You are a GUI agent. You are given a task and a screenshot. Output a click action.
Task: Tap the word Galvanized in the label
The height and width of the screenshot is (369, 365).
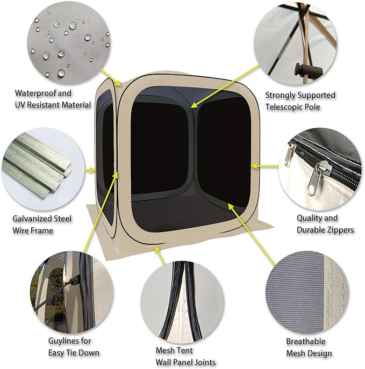pyautogui.click(x=32, y=219)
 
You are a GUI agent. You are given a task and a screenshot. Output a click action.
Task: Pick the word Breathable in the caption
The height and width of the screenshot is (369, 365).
pyautogui.click(x=305, y=341)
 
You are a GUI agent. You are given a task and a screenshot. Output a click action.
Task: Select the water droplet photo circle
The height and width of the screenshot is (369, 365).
pyautogui.click(x=69, y=43)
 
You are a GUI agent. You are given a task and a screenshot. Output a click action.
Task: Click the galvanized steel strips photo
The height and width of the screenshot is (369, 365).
pyautogui.click(x=44, y=169)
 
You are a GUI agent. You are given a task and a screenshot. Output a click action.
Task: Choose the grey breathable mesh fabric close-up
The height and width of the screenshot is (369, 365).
pyautogui.click(x=307, y=291)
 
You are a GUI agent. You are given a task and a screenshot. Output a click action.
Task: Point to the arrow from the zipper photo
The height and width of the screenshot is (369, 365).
pyautogui.click(x=265, y=166)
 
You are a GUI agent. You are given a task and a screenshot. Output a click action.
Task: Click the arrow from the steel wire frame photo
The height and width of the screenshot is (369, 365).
pyautogui.click(x=90, y=169)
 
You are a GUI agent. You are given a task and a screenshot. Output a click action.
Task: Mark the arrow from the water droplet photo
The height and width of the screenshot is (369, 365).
pyautogui.click(x=111, y=77)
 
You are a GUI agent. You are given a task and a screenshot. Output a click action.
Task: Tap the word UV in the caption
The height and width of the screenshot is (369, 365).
pyautogui.click(x=19, y=105)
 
